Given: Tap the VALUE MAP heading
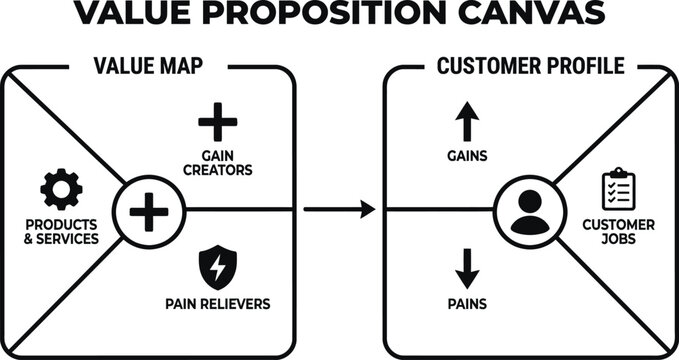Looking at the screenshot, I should pos(150,67).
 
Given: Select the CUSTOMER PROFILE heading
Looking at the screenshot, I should pos(531,67).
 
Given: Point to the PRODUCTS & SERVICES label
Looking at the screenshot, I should pos(62,232).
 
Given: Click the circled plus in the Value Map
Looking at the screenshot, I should pos(150,211).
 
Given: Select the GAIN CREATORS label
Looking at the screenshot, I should pos(217,163).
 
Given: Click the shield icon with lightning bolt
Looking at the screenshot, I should pos(217,265).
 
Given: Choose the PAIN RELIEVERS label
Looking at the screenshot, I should pos(217,302).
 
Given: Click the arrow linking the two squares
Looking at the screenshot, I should pos(339,210).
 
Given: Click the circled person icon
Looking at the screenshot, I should pos(530,211).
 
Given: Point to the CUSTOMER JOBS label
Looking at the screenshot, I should pos(618,232).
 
